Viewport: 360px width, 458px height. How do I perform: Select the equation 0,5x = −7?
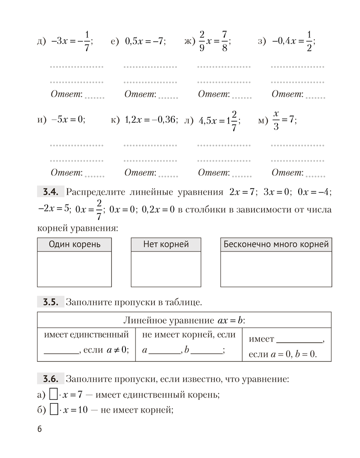(x=145, y=41)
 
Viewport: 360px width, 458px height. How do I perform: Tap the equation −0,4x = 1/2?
(x=293, y=41)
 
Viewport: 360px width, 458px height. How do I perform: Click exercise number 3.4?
(x=49, y=192)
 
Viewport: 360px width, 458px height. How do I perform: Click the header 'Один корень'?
(x=74, y=245)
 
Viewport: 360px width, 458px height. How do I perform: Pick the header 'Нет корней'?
(x=166, y=245)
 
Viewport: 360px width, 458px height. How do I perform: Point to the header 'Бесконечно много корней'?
(x=276, y=245)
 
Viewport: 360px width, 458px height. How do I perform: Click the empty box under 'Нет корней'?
(x=166, y=269)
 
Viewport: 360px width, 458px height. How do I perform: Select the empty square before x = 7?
(x=53, y=394)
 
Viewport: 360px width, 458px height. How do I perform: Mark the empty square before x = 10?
(x=53, y=409)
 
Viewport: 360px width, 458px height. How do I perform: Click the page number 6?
(x=39, y=429)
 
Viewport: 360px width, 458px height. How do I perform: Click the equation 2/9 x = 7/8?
(x=213, y=41)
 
